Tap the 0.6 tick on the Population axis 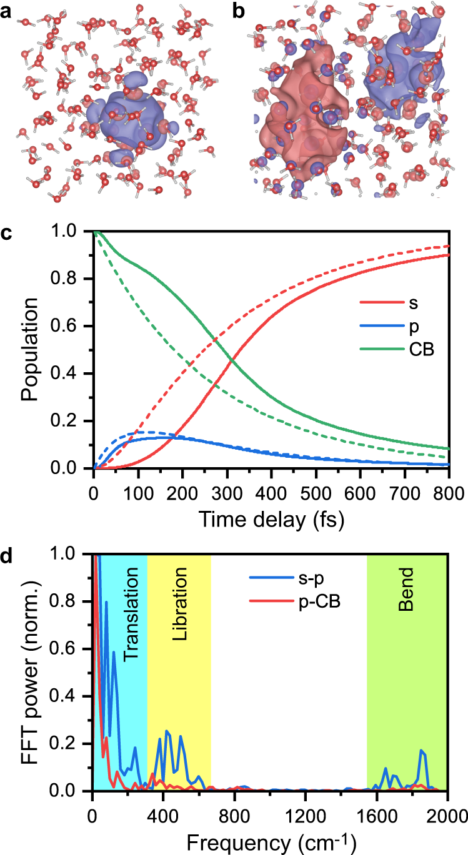click(x=73, y=326)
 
